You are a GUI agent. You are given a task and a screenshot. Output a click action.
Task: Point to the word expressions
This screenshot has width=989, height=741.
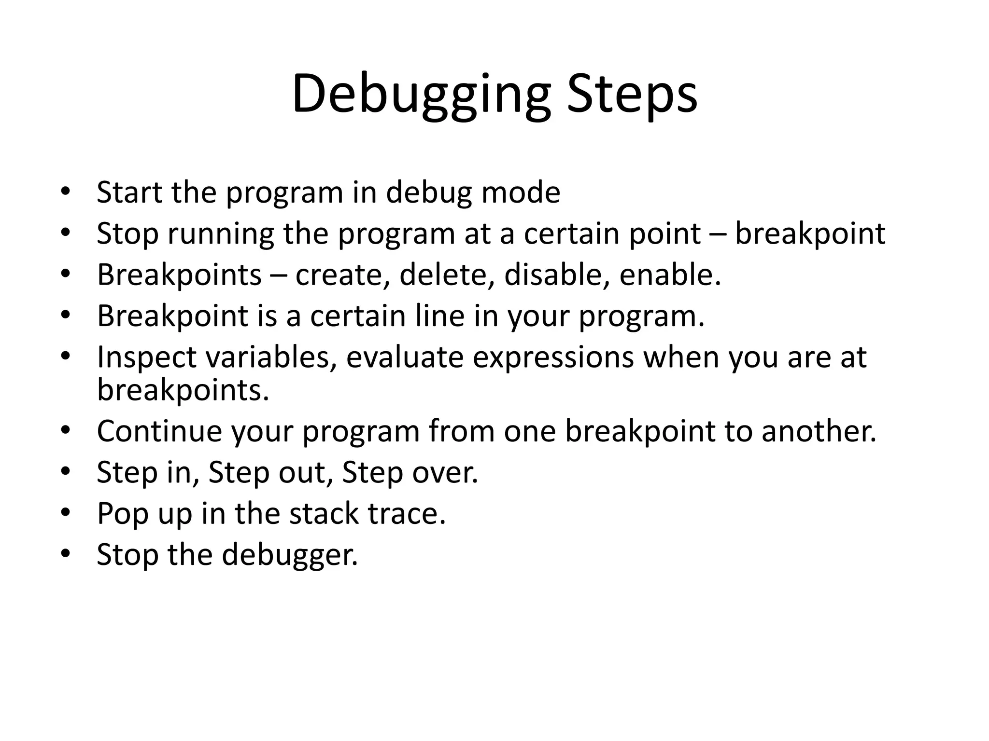click(x=553, y=357)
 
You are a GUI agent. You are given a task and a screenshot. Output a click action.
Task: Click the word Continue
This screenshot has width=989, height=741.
click(x=159, y=431)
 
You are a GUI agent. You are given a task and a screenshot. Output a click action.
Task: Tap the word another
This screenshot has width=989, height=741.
click(x=819, y=431)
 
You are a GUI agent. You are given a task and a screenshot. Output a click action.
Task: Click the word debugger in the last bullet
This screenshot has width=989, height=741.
click(x=290, y=555)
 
